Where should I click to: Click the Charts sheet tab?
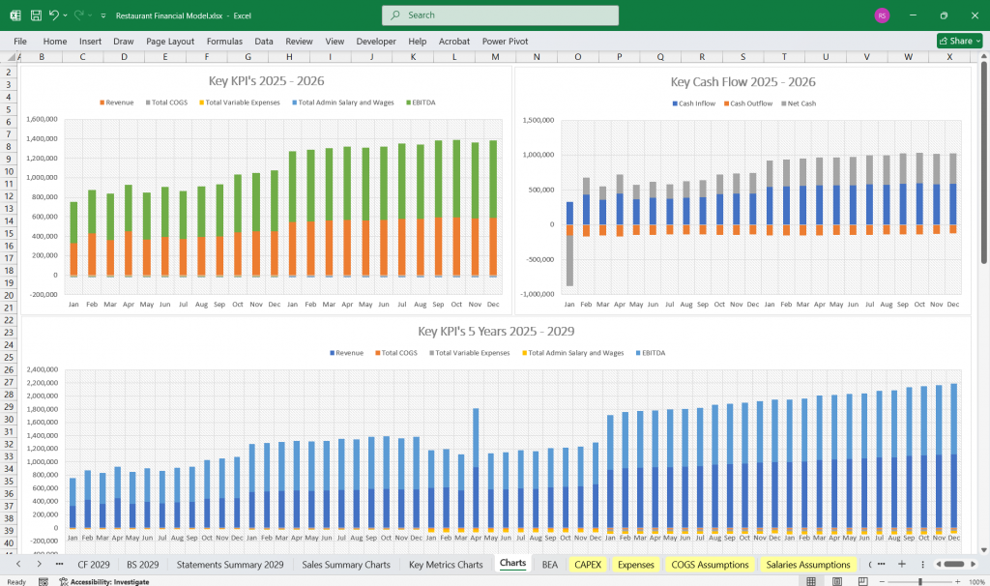click(x=512, y=564)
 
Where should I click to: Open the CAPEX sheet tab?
click(x=588, y=564)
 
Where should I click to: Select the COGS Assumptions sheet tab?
click(x=710, y=564)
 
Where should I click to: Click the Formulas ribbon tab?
click(x=224, y=42)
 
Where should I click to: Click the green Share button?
click(x=959, y=42)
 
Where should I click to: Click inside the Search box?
click(x=500, y=15)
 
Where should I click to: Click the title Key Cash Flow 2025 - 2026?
click(x=742, y=82)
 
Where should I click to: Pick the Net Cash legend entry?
click(x=799, y=103)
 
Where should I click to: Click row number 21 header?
click(x=10, y=308)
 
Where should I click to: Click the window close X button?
click(x=971, y=15)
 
